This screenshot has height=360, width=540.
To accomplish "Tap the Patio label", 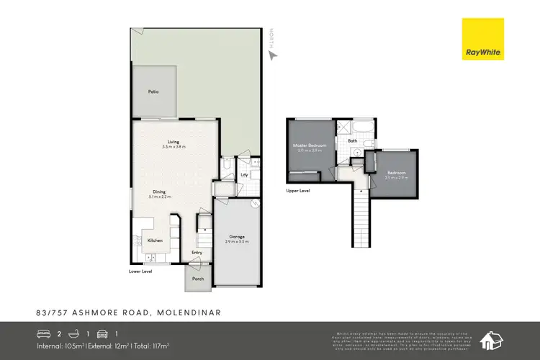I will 153,92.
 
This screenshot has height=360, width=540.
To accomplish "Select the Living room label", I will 173,142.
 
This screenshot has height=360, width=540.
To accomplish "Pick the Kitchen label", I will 155,240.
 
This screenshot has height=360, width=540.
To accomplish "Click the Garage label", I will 237,237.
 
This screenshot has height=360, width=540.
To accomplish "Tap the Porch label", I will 197,278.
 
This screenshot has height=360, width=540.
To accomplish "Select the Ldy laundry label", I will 244,175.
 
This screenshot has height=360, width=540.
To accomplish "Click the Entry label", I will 197,253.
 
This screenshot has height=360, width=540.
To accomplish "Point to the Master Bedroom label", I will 310,145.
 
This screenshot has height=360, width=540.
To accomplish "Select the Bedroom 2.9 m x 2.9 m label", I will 396,174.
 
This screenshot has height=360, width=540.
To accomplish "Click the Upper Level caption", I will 297,192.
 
